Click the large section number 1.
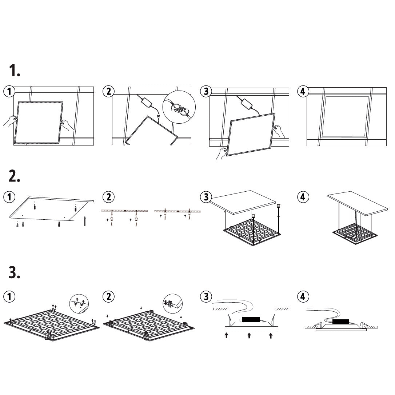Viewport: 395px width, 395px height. [14, 70]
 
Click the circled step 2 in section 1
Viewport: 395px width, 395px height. [109, 91]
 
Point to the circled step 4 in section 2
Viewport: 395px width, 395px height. [303, 197]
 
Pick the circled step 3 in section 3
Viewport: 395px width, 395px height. [206, 296]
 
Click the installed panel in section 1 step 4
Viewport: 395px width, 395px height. [346, 116]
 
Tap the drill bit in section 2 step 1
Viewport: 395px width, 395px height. [85, 220]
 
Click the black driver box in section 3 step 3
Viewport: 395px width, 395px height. [251, 319]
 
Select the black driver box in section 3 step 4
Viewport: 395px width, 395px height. [340, 322]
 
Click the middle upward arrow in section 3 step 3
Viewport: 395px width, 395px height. [249, 335]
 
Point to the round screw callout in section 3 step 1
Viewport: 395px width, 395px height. [79, 304]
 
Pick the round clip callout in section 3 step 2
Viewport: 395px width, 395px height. [173, 304]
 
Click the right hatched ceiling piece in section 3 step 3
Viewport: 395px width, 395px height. [282, 309]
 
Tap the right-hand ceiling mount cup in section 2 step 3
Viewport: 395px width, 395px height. [278, 205]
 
